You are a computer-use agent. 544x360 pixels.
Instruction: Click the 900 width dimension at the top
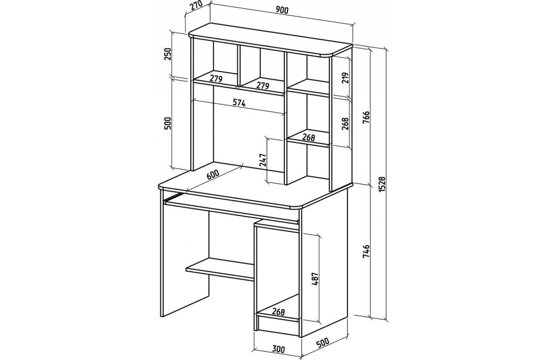coord(283,10)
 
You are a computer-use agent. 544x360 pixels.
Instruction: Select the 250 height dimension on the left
coord(168,54)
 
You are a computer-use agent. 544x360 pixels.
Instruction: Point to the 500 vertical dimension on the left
coord(168,123)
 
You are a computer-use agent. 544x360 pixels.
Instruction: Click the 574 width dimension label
coord(239,103)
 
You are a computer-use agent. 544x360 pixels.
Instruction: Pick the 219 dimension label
coord(345,79)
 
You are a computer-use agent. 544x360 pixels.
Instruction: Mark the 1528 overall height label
coord(382,184)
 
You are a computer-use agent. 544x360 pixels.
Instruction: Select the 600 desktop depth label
coord(213,174)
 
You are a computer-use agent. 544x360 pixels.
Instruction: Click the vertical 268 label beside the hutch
coord(345,123)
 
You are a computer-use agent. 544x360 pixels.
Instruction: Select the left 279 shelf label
coord(216,79)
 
